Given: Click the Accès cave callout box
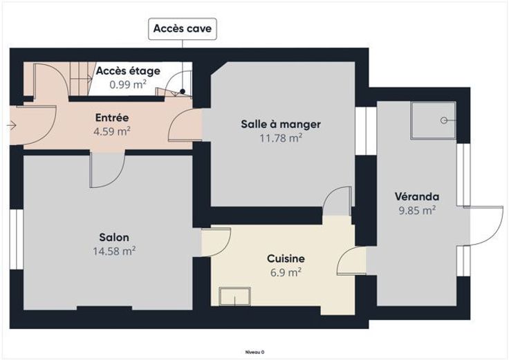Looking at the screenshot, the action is pos(183,29).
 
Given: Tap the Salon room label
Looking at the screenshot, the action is pos(114,237).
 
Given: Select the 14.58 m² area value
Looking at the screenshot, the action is pos(114,251).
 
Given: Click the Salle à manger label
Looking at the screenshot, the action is pos(281,124).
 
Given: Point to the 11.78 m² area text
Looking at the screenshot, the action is pos(281,138).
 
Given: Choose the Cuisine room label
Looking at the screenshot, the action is pos(286,258).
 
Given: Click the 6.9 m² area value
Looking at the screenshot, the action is pos(286,272).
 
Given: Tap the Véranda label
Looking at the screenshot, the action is pos(417,196).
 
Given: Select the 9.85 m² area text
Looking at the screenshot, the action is pos(417,211).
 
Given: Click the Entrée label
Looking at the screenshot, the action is pos(112,117).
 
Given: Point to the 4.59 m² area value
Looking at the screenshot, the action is pos(112,132).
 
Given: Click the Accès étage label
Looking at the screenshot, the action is pos(128,70).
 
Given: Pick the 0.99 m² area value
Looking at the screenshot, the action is pos(128,85).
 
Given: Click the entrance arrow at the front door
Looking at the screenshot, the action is pos(12,125).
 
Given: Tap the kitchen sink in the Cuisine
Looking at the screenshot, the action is pos(234,296).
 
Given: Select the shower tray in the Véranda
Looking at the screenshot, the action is pos(433,120).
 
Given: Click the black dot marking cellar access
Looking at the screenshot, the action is pos(183,92).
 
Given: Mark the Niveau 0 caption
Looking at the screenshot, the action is pos(254,352).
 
